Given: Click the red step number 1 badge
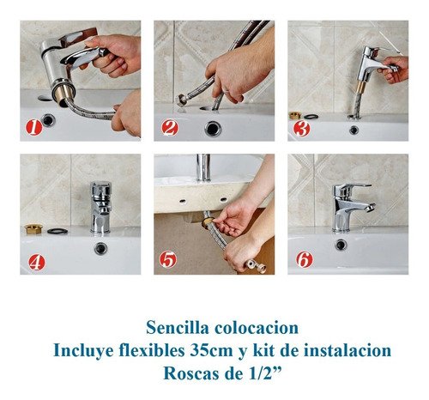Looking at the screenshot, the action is pyautogui.click(x=34, y=127).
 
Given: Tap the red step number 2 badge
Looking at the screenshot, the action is pyautogui.click(x=170, y=128).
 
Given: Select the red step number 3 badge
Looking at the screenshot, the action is pyautogui.click(x=302, y=129).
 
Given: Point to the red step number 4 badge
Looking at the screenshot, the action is pyautogui.click(x=37, y=262).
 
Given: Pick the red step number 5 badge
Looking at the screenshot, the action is pyautogui.click(x=168, y=259).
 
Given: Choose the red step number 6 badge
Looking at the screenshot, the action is pyautogui.click(x=305, y=259).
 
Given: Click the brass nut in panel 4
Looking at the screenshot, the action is pyautogui.click(x=33, y=228).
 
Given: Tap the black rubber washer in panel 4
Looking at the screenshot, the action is pyautogui.click(x=57, y=231).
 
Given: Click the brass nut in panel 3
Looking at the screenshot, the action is pyautogui.click(x=295, y=115).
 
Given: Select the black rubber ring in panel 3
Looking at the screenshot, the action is pyautogui.click(x=311, y=117).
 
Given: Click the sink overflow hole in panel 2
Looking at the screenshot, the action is pyautogui.click(x=213, y=129).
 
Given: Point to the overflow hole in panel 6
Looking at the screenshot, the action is pyautogui.click(x=341, y=245).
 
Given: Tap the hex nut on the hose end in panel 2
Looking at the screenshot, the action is pyautogui.click(x=182, y=100).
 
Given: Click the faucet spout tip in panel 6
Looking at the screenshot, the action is pyautogui.click(x=371, y=207).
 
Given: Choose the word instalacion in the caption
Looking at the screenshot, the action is pyautogui.click(x=347, y=350).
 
